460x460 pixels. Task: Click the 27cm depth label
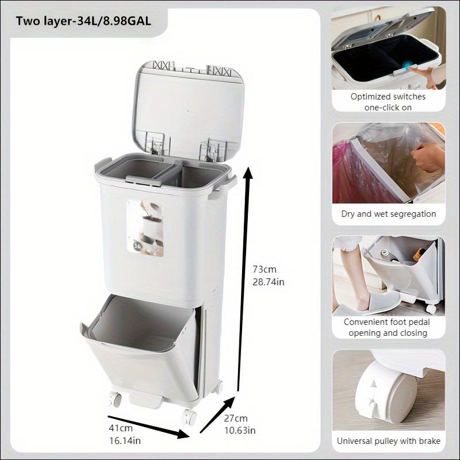click(236, 418)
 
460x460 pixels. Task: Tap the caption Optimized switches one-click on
click(388, 102)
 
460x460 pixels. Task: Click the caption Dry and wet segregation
click(388, 214)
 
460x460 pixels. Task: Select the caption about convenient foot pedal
click(388, 327)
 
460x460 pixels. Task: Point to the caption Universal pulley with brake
click(388, 441)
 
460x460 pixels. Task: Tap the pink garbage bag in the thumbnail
click(348, 172)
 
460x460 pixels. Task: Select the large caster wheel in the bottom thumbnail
click(382, 397)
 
